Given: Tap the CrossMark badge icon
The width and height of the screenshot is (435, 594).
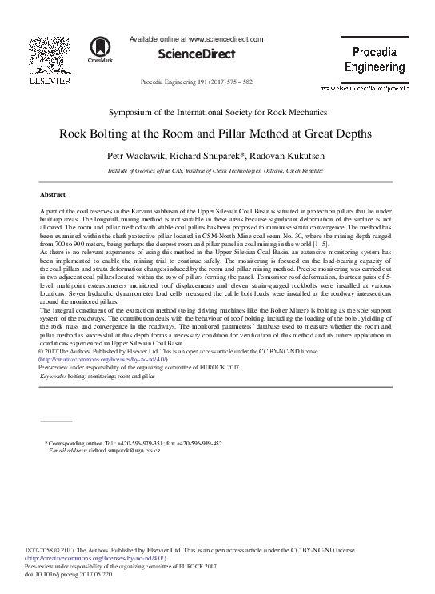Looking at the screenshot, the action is click(101, 50).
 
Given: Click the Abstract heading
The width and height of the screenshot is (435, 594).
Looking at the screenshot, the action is click(54, 194).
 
